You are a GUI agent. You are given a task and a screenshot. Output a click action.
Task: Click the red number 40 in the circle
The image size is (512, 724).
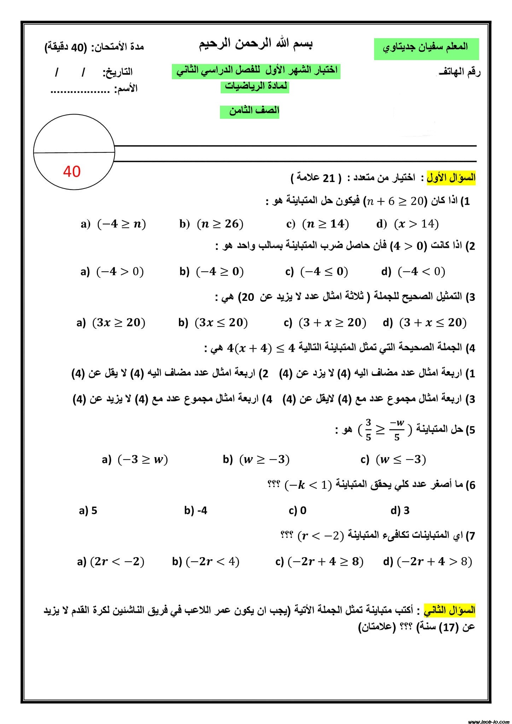pyautogui.click(x=72, y=171)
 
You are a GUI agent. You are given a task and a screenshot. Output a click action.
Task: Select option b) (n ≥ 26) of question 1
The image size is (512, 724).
pyautogui.click(x=211, y=224)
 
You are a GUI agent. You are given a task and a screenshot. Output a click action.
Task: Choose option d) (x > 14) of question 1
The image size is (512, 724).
pyautogui.click(x=407, y=224)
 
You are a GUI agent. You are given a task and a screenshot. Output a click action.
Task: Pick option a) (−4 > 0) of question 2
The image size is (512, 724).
pyautogui.click(x=112, y=271)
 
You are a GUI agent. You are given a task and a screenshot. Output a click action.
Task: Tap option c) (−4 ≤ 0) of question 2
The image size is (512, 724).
pyautogui.click(x=316, y=271)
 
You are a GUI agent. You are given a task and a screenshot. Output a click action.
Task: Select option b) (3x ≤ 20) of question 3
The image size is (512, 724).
pyautogui.click(x=213, y=322)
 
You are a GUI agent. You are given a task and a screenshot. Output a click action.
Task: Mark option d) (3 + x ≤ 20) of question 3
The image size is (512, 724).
pyautogui.click(x=424, y=322)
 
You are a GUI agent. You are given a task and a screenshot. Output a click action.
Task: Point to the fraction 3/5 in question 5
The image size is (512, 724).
pyautogui.click(x=368, y=430)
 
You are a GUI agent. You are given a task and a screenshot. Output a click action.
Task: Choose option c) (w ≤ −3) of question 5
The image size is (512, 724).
pyautogui.click(x=393, y=459)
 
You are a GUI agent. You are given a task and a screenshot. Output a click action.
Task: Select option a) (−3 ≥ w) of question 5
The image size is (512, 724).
pyautogui.click(x=135, y=459)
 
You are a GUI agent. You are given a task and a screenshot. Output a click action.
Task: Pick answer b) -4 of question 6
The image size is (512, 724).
pyautogui.click(x=196, y=510)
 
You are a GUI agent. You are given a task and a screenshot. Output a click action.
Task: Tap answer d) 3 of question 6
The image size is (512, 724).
pyautogui.click(x=400, y=510)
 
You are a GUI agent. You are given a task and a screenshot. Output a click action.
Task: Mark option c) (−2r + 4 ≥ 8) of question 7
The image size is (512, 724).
pyautogui.click(x=319, y=561)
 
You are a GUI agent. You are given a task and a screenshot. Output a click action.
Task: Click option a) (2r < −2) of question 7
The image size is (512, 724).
pyautogui.click(x=111, y=561)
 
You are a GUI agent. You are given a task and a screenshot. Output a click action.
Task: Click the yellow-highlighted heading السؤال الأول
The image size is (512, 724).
pyautogui.click(x=451, y=177)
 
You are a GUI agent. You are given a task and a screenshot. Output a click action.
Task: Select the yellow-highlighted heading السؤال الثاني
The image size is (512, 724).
pyautogui.click(x=450, y=610)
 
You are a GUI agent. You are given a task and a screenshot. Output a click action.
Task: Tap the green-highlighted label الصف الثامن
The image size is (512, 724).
pyautogui.click(x=250, y=111)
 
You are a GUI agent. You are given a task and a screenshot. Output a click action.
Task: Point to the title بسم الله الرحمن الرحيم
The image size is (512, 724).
pyautogui.click(x=256, y=44)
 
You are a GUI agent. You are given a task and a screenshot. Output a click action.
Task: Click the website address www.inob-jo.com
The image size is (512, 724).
pyautogui.click(x=488, y=719)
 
